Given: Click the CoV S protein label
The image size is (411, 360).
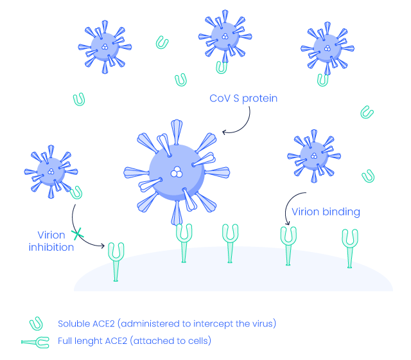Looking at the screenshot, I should (x=243, y=99).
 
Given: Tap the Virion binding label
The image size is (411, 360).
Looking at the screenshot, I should (x=326, y=212).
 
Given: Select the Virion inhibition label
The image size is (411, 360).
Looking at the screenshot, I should (x=51, y=241).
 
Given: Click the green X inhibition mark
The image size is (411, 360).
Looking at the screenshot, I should (x=78, y=233).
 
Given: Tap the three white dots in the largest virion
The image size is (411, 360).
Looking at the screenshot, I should (x=176, y=172).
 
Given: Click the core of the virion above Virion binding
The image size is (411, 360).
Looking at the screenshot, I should (x=313, y=155).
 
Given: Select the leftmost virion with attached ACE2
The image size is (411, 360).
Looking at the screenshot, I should (x=50, y=170).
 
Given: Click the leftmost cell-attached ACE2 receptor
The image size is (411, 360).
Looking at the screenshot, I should (x=116, y=260).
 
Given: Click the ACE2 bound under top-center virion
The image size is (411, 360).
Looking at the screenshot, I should (x=222, y=66).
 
